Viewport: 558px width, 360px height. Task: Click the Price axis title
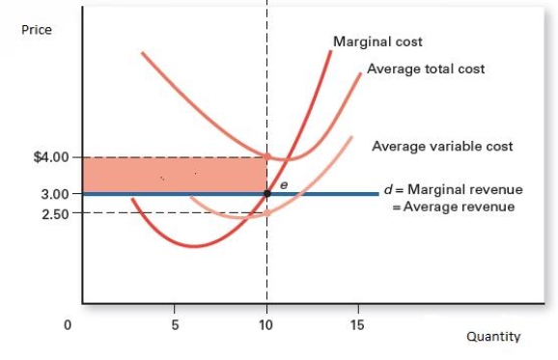(x=37, y=29)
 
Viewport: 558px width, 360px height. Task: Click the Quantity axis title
(x=493, y=337)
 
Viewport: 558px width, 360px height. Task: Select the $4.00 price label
(x=51, y=157)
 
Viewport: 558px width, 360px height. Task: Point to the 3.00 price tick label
(x=55, y=194)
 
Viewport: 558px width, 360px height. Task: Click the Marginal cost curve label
(x=377, y=42)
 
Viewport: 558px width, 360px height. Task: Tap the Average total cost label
(x=426, y=69)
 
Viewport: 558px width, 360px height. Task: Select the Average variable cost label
(x=442, y=147)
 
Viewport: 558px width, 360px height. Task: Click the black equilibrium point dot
(x=267, y=194)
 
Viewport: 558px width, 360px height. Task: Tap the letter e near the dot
(x=284, y=182)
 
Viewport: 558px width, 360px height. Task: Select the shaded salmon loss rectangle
(x=174, y=175)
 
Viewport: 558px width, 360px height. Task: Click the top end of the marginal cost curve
(x=331, y=50)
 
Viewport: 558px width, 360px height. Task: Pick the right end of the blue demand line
(x=377, y=194)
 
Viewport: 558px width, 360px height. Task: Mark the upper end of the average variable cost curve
(x=352, y=137)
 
